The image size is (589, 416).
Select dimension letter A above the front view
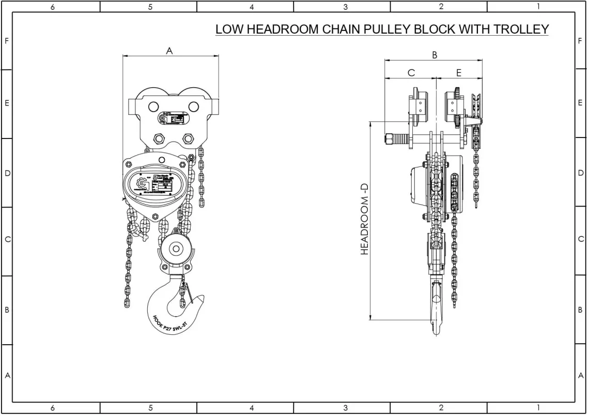click(169, 51)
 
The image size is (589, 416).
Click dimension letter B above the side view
click(435, 54)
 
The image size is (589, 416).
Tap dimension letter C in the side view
click(411, 73)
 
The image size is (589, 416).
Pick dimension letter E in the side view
click(458, 73)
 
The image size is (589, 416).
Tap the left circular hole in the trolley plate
click(152, 107)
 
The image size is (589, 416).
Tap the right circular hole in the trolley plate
click(194, 107)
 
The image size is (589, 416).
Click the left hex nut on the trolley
click(159, 139)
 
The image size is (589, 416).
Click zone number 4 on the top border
click(252, 7)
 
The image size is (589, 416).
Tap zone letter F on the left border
click(7, 40)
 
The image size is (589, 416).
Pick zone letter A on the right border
click(581, 376)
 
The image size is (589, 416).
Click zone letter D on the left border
click(7, 173)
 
